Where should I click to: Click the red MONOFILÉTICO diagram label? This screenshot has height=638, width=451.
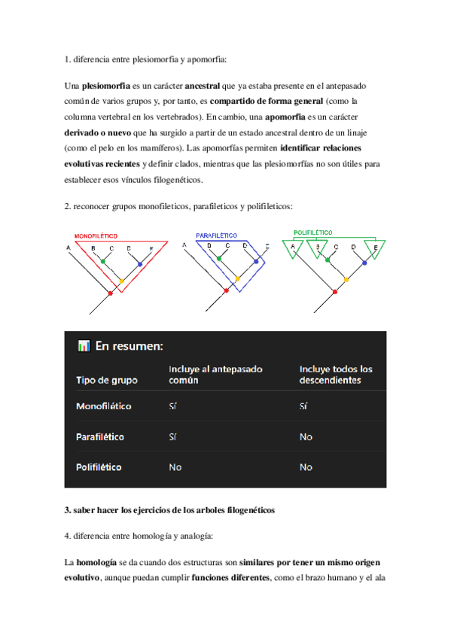click(x=96, y=236)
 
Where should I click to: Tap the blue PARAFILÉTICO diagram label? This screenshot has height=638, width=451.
click(x=216, y=235)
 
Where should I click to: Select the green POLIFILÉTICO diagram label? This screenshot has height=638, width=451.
click(x=313, y=232)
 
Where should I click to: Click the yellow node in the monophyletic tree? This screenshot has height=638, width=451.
click(x=121, y=281)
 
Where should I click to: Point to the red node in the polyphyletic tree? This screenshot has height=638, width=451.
click(x=335, y=292)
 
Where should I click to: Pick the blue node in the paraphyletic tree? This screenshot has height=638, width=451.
click(x=256, y=262)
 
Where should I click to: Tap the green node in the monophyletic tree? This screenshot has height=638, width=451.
click(x=103, y=261)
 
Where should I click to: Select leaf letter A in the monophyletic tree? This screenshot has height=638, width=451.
click(x=69, y=248)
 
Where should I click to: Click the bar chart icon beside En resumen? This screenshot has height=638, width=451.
click(x=84, y=346)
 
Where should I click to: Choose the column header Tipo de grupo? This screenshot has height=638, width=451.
click(x=107, y=380)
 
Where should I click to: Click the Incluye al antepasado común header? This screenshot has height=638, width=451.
click(x=215, y=375)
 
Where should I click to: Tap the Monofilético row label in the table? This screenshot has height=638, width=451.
click(x=103, y=406)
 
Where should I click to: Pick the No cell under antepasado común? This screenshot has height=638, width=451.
click(x=175, y=467)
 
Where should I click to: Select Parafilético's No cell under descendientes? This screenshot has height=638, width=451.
click(x=306, y=437)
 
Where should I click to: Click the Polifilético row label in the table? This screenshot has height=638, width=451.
click(x=99, y=467)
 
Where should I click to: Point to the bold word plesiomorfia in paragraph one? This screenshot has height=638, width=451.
click(x=106, y=86)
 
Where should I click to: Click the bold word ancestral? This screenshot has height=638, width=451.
click(x=202, y=86)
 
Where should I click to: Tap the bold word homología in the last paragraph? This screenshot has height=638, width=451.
click(x=96, y=563)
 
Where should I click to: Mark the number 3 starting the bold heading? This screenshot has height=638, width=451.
click(x=67, y=510)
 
